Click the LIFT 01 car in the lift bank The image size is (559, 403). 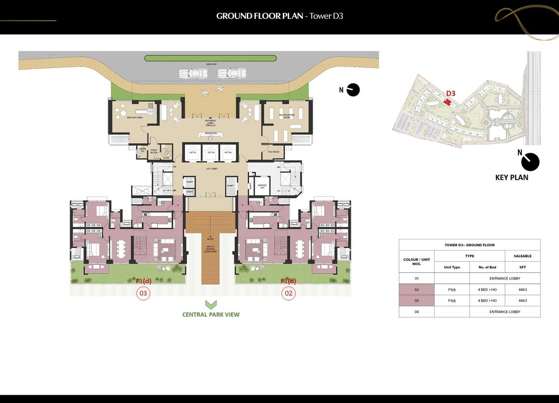192,152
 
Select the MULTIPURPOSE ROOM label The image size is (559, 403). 280,116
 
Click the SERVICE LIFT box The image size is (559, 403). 262,186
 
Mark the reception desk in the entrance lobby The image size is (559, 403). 210,135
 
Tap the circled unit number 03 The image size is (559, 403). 143,293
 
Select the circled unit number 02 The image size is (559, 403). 289,293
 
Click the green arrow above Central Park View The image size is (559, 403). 211,305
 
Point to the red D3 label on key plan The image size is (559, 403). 451,94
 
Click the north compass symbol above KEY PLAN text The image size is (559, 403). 530,162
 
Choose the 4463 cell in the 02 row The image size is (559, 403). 522,290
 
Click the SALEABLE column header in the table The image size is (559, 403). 522,256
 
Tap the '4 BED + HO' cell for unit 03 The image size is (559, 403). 487,301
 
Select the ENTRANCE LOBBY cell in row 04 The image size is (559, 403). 505,312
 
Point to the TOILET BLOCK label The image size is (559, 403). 154,151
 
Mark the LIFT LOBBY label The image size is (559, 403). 210,169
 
